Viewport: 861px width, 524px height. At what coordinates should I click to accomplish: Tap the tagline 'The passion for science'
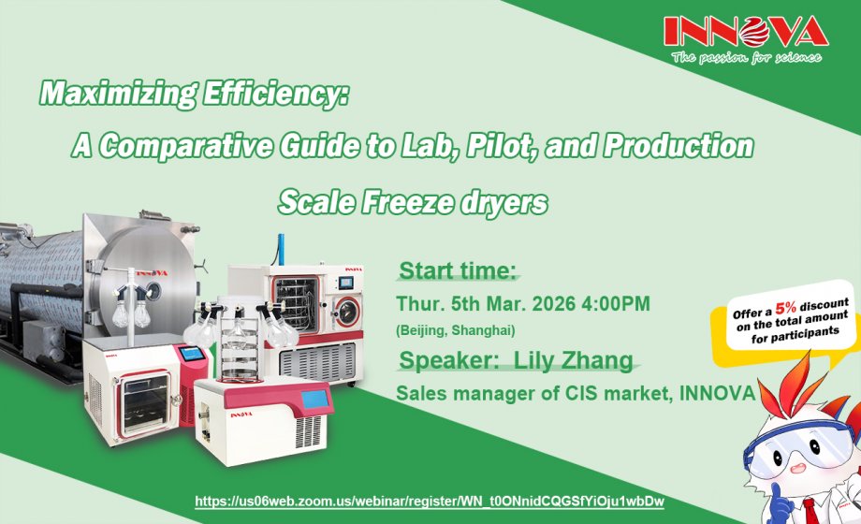[x=746, y=57]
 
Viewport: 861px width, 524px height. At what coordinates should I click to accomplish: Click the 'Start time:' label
[x=458, y=271]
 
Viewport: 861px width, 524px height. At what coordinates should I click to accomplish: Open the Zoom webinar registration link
[x=430, y=502]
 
